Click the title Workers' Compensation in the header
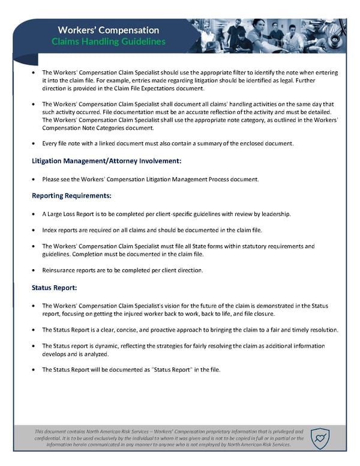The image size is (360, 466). click(109, 30)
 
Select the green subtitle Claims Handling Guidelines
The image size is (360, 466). click(109, 42)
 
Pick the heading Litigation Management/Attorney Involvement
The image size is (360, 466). click(106, 161)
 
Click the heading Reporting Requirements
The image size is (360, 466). click(71, 196)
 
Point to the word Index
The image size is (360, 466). click(51, 230)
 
